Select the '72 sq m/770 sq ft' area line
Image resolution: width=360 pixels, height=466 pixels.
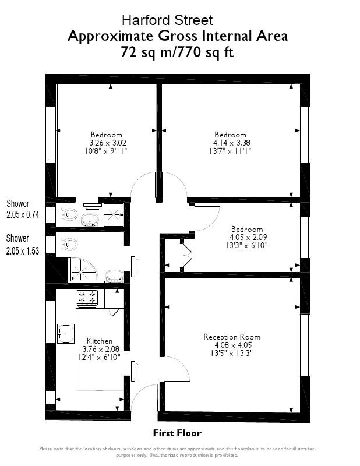coord(178,52)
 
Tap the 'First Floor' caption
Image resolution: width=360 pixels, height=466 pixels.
coord(177,433)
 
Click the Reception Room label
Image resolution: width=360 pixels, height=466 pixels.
coord(232,337)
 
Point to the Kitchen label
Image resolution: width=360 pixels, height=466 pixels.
coord(99,341)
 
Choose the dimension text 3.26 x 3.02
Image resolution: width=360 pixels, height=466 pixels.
coord(108,142)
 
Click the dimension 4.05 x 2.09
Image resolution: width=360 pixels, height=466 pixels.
coord(246,237)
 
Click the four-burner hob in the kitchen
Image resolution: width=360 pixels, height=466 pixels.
coord(87,298)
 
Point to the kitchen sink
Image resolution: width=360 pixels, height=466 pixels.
coord(65,334)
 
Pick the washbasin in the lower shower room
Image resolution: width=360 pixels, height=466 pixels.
coord(114,274)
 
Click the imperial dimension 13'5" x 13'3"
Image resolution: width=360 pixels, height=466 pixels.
coord(232,352)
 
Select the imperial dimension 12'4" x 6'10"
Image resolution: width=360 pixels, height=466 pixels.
coord(99,357)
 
